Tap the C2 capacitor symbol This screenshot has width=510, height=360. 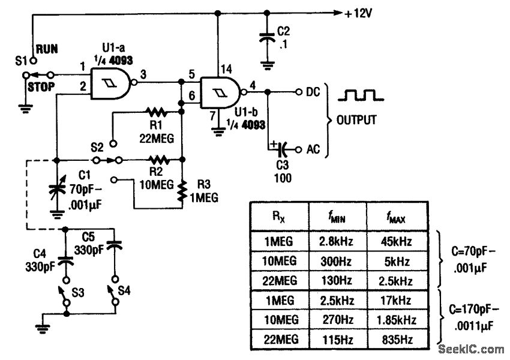(x=266, y=37)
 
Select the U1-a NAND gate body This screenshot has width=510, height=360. (x=111, y=83)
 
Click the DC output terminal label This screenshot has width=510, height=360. (x=313, y=92)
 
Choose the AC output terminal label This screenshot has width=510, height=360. (x=313, y=148)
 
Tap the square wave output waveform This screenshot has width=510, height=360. (x=359, y=95)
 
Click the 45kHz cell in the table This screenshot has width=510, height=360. (x=398, y=242)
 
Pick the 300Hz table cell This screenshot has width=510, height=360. (x=338, y=262)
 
